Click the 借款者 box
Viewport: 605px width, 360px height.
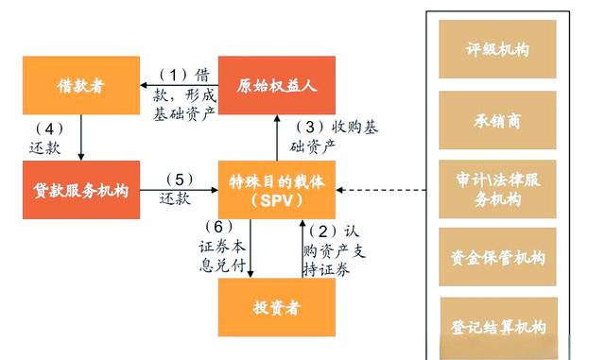coord(79,86)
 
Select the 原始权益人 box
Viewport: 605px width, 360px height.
coord(276,86)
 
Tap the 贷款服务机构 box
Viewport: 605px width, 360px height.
coord(79,189)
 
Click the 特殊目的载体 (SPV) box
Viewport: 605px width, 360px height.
coord(277,189)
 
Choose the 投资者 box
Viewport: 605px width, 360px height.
coord(277,308)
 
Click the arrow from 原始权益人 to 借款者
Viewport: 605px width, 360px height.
coord(180,85)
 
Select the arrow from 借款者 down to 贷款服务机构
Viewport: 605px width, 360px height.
coord(81,136)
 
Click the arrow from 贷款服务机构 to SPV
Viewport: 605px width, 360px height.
coord(180,190)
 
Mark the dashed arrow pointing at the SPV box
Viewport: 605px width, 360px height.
coord(378,189)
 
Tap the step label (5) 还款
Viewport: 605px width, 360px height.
coord(178,189)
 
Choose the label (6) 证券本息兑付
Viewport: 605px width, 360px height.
coord(226,247)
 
